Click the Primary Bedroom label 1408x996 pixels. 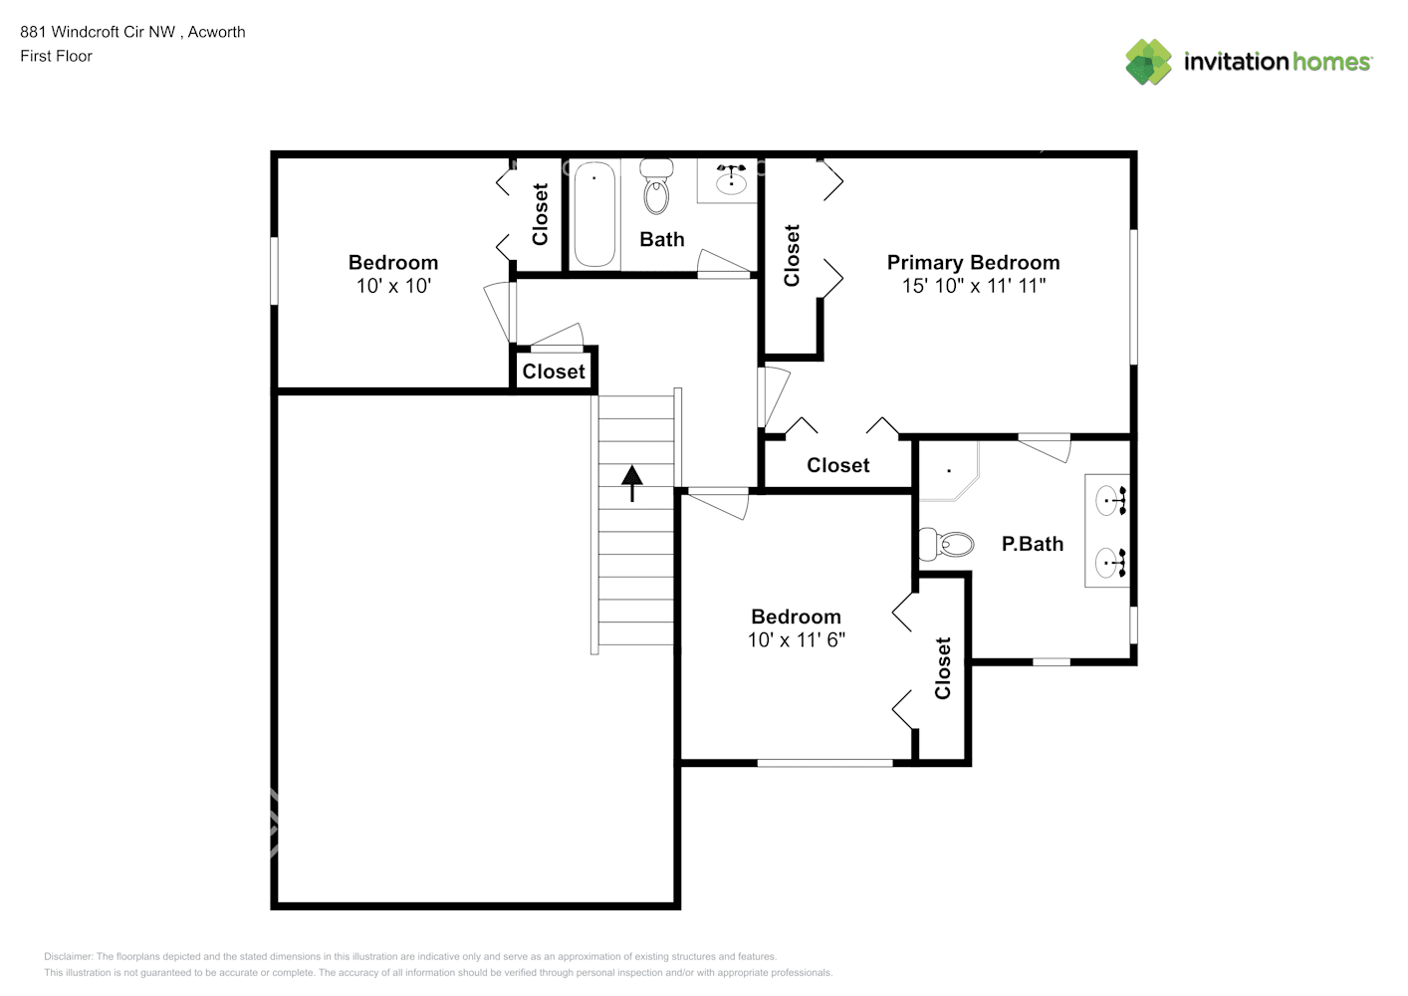pos(973,262)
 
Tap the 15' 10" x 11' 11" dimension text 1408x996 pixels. pos(973,286)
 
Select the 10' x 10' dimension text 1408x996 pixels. pos(393,286)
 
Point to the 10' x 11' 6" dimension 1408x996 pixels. pos(796,639)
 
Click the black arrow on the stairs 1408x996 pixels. pos(632,482)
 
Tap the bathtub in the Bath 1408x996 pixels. pos(594,213)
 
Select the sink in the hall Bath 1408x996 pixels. pos(731,180)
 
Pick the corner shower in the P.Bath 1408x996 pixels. pos(947,470)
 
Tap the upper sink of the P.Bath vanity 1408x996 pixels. pos(1110,500)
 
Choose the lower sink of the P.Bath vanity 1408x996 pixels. pos(1110,563)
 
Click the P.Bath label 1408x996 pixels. pos(1032,544)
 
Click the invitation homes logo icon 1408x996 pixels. pos(1148,62)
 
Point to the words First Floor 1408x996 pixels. pos(56,56)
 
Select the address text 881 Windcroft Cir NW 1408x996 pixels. pos(98,32)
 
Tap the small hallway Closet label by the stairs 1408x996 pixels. pos(554,372)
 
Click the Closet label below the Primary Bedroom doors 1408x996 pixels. pos(837,465)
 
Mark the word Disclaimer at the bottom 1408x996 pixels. pos(68,956)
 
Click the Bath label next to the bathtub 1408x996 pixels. pos(662,239)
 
